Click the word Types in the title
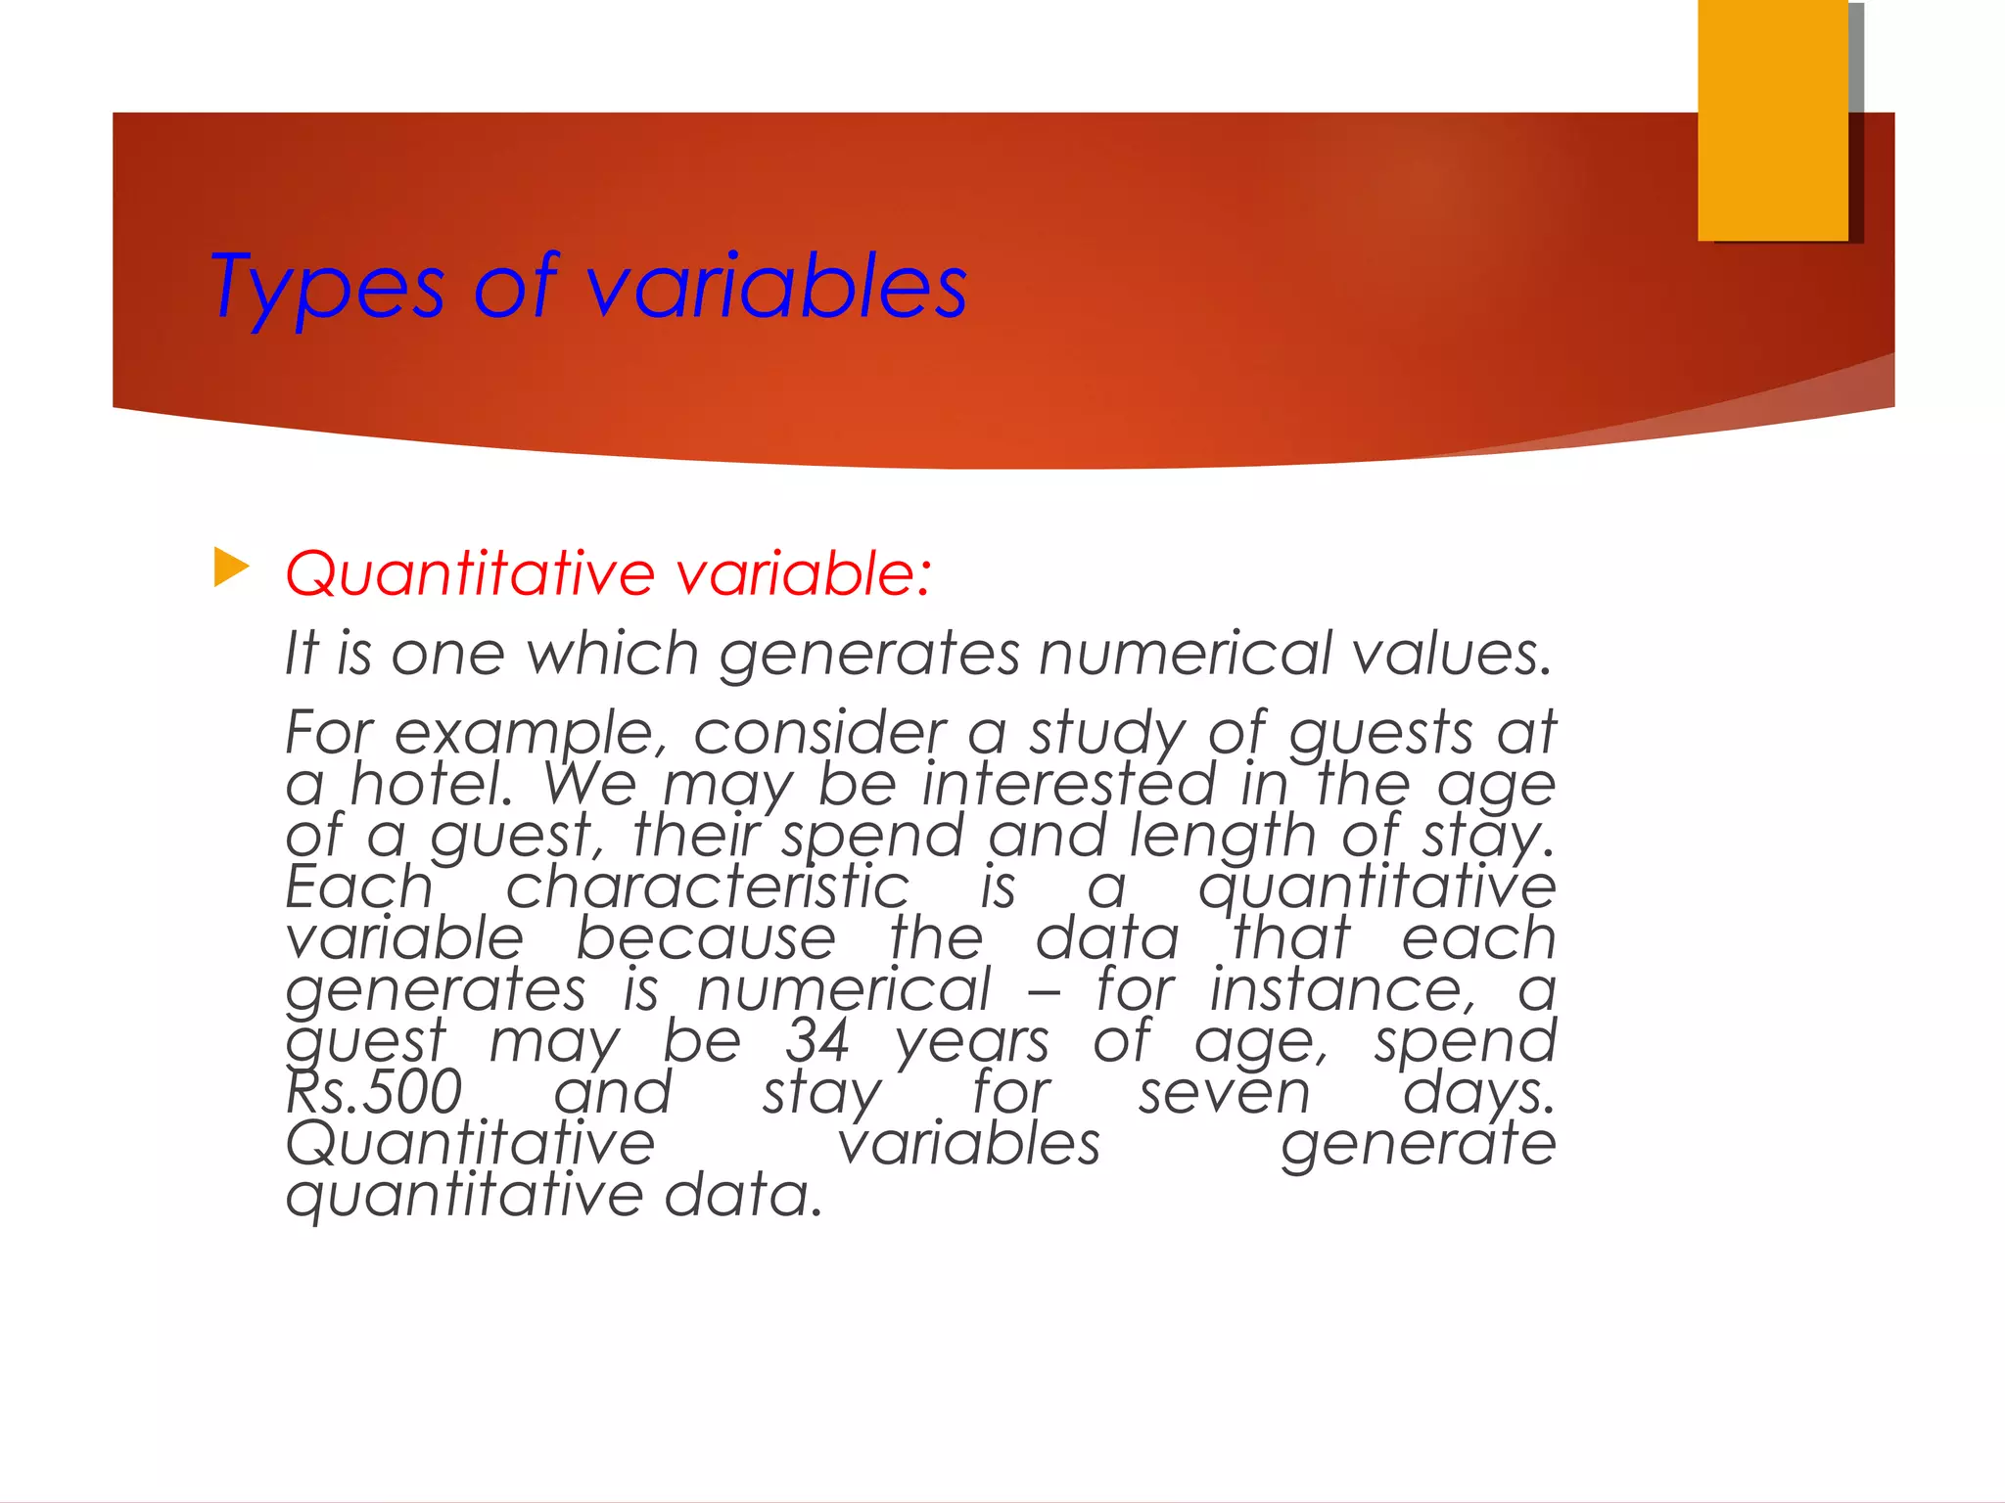327,288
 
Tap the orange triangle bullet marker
231,569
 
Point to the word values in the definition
1452,654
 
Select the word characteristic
707,888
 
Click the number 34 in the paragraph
817,1040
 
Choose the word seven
1224,1092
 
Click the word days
1478,1092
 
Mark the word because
706,938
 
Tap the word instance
1342,989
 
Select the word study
1106,734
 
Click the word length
1222,837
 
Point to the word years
972,1041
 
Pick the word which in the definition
613,654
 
